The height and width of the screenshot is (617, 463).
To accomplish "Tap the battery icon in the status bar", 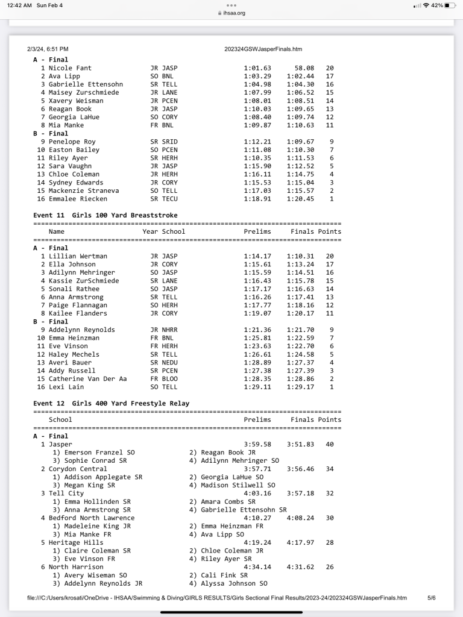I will pyautogui.click(x=450, y=5).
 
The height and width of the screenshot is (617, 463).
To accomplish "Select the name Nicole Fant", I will pyautogui.click(x=70, y=68).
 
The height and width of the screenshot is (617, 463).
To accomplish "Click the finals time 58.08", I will pyautogui.click(x=304, y=68).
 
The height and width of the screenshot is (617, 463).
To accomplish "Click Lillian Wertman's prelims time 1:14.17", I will pyautogui.click(x=257, y=256).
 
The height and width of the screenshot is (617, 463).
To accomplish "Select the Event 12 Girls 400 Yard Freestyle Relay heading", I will pyautogui.click(x=112, y=403).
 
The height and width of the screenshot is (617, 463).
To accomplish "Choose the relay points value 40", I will pyautogui.click(x=329, y=444).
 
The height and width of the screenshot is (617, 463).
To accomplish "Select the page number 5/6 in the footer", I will pyautogui.click(x=431, y=598).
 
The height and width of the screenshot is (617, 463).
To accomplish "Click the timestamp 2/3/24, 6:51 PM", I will pyautogui.click(x=48, y=49).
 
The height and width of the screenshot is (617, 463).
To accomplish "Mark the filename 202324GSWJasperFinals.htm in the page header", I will pyautogui.click(x=263, y=49).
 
